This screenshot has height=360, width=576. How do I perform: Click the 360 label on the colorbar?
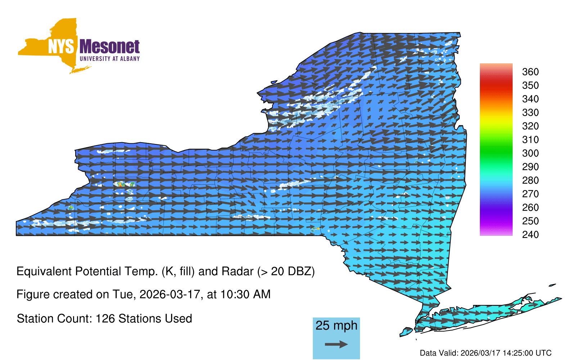(x=530, y=72)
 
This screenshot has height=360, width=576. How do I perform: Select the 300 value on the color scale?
(x=530, y=153)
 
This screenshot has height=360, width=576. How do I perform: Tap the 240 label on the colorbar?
(x=530, y=234)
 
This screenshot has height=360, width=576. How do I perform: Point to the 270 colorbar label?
(x=530, y=194)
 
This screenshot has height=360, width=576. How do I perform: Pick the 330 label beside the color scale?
(x=530, y=113)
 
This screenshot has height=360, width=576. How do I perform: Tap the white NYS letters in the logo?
(x=61, y=46)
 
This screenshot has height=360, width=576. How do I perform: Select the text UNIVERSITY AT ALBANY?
(x=109, y=59)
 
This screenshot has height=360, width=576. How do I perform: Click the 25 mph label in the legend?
(x=336, y=325)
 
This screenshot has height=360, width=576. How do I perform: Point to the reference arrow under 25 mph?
(x=336, y=344)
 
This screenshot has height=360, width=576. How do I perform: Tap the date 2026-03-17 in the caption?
(x=170, y=294)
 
